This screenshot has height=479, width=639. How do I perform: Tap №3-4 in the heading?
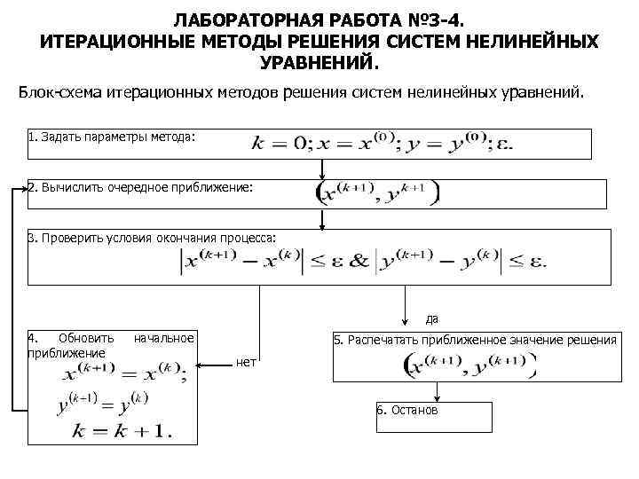tap(433, 19)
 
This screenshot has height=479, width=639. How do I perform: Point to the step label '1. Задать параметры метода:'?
tap(110, 138)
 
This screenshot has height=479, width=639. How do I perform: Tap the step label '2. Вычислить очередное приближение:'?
tap(140, 188)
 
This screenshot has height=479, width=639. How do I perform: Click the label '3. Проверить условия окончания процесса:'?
tap(152, 238)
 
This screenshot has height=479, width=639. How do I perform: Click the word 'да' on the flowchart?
tap(432, 318)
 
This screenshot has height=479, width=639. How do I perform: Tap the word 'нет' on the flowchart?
tap(248, 361)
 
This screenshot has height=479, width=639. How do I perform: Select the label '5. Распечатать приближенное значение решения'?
tap(475, 340)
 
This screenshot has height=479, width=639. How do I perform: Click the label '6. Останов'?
tap(407, 412)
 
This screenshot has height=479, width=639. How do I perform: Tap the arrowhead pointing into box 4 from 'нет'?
tap(200, 365)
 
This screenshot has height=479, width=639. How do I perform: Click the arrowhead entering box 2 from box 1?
tap(321, 177)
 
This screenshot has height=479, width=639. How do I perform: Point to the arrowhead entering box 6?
tap(435, 398)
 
